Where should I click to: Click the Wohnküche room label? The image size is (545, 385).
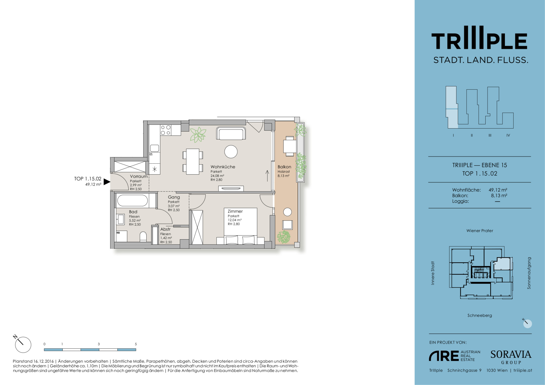[223, 167]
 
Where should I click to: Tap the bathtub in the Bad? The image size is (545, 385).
[132, 201]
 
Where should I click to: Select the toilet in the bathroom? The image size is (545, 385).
[143, 237]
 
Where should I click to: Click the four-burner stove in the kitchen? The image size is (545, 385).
[166, 130]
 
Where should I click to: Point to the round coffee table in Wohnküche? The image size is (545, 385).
[231, 152]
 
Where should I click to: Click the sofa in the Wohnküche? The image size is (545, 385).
[231, 133]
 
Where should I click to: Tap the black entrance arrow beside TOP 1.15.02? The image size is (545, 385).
[107, 182]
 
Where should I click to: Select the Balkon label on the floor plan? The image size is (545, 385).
[284, 167]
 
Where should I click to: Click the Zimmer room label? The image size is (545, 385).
[235, 211]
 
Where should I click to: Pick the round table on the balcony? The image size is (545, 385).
[287, 212]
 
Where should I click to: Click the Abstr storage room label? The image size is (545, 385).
[165, 229]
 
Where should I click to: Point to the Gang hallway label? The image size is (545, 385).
[174, 197]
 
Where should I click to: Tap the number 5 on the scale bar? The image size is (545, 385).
[136, 344]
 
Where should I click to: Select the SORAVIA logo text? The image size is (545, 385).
[511, 354]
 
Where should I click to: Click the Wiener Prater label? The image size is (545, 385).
[480, 231]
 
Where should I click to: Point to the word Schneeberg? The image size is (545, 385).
[480, 315]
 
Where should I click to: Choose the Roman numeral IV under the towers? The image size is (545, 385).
[508, 135]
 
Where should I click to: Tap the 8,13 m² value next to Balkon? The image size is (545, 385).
[499, 195]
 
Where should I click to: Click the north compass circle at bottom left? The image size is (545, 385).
[23, 345]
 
